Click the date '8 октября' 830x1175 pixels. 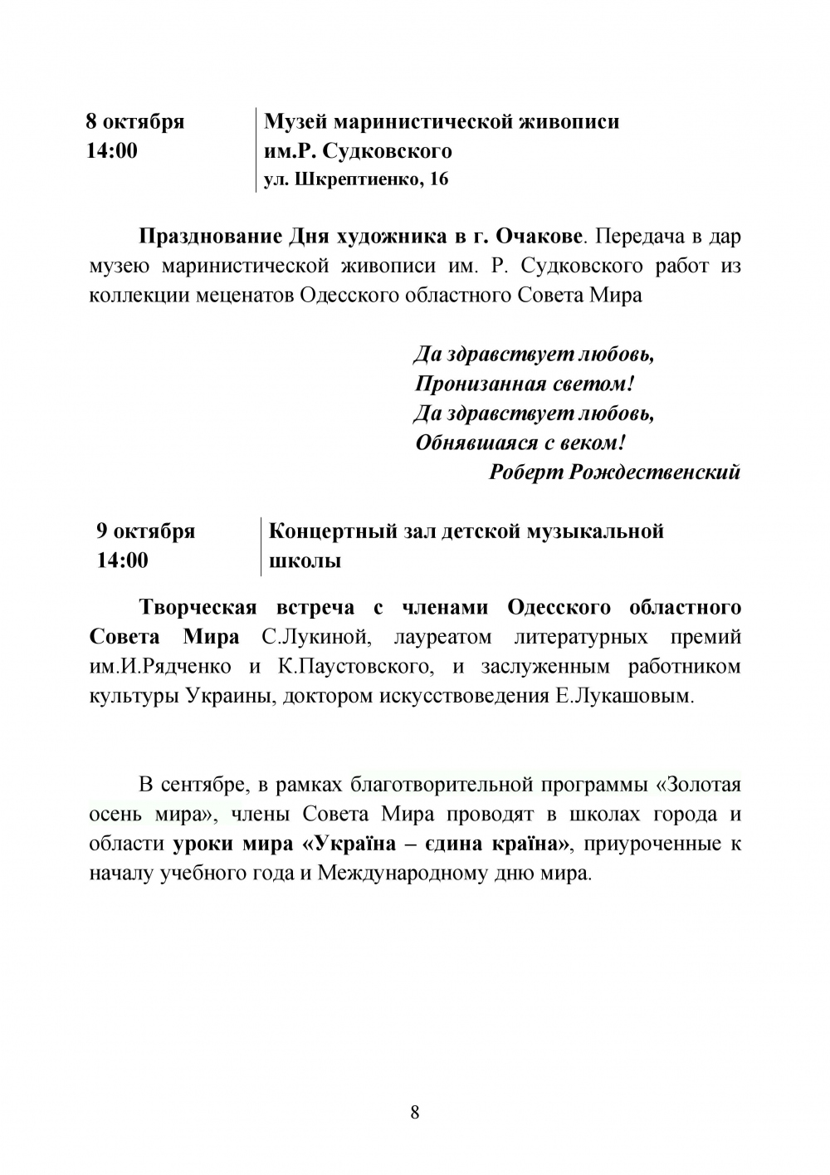tap(134, 122)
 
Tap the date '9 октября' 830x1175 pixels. tap(146, 531)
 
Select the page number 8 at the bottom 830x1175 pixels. tap(415, 1113)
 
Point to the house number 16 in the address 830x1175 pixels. tap(439, 179)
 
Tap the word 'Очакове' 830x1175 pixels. tap(538, 237)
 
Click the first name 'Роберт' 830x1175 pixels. tap(525, 472)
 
